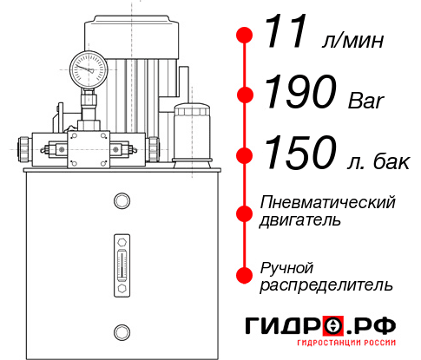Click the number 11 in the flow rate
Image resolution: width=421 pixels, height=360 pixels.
click(x=287, y=34)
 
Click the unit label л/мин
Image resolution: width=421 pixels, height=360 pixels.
click(x=352, y=40)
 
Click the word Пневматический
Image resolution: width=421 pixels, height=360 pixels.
click(x=328, y=203)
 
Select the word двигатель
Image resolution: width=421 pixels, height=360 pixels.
click(x=300, y=220)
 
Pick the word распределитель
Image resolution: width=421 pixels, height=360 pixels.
click(x=326, y=284)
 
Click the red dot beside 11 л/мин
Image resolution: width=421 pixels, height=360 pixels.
click(x=245, y=35)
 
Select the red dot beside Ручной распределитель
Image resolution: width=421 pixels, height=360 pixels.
click(x=245, y=275)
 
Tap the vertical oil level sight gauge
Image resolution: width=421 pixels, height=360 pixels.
click(x=121, y=259)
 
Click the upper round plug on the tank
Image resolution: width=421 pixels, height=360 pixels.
click(x=121, y=201)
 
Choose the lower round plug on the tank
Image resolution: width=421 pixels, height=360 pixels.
click(x=121, y=331)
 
